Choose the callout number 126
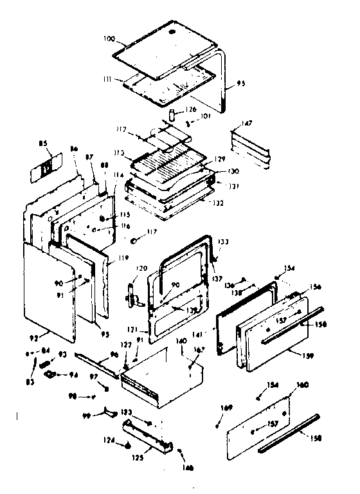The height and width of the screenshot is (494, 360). [190, 109]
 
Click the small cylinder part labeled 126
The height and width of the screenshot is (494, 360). [173, 114]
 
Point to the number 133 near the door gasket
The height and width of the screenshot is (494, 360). [223, 242]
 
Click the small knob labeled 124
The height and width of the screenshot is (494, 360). [128, 444]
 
